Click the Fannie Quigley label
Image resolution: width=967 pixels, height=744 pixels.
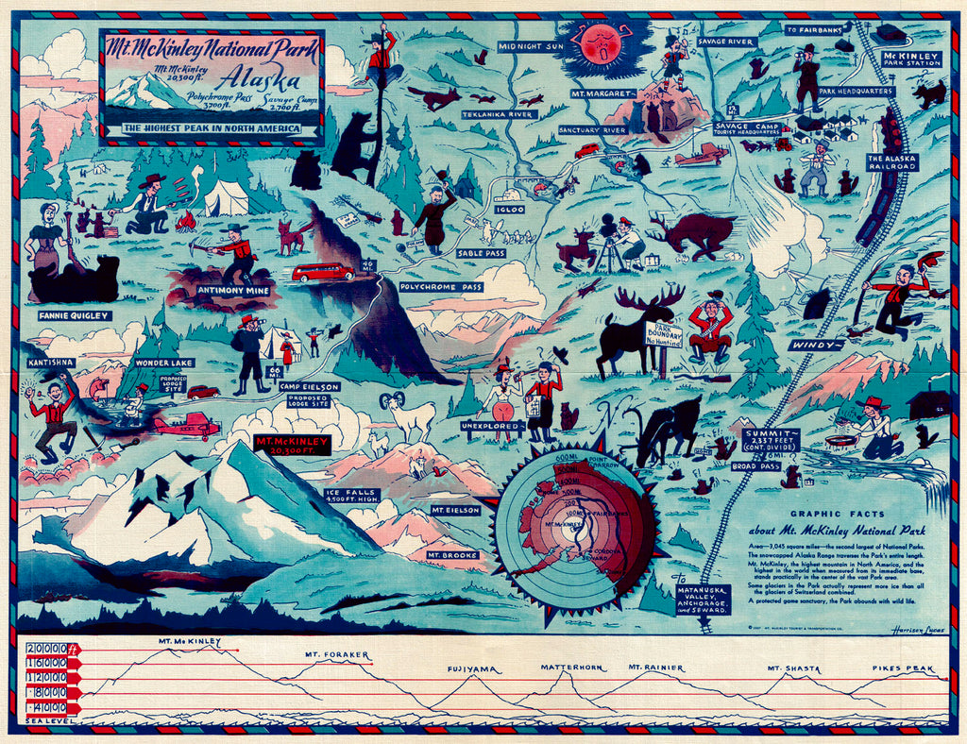click(x=75, y=315)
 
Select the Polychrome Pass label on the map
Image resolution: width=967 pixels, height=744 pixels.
click(x=441, y=286)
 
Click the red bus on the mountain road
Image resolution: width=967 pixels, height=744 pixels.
click(x=322, y=273)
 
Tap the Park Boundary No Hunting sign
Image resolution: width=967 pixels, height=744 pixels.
click(x=664, y=335)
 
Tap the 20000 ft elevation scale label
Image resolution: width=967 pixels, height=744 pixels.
click(x=47, y=649)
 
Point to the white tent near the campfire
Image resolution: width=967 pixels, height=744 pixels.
click(x=227, y=198)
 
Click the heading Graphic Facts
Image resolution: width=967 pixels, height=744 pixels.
click(x=823, y=514)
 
